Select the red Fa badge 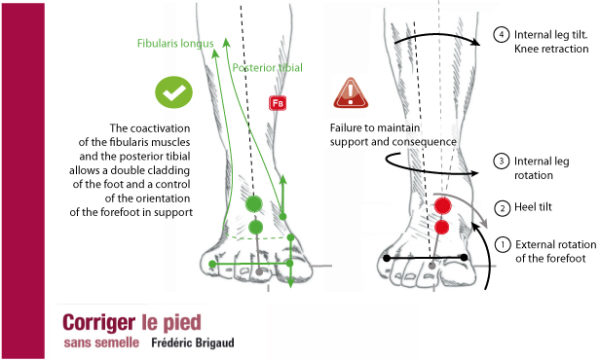[277, 103]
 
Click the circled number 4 [501, 35]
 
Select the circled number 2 [501, 208]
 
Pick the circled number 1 [501, 243]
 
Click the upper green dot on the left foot [255, 204]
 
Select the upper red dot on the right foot [440, 206]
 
